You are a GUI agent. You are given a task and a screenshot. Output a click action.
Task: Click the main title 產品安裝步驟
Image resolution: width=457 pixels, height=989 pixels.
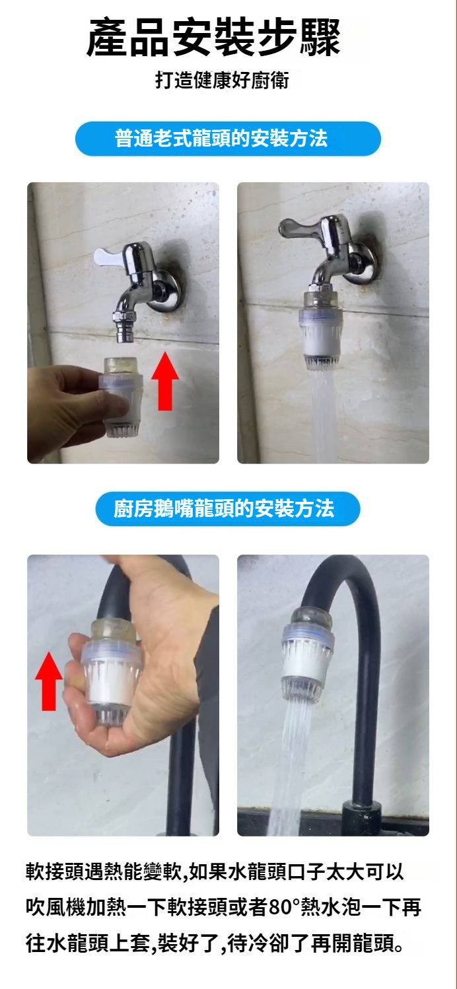213,38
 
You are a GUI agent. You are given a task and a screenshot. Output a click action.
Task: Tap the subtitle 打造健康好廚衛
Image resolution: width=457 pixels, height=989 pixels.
222,81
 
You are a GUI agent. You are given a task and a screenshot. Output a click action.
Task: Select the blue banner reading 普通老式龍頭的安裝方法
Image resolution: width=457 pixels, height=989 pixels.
228,138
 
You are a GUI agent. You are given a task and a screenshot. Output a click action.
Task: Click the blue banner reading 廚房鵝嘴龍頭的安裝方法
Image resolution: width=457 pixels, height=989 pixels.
228,508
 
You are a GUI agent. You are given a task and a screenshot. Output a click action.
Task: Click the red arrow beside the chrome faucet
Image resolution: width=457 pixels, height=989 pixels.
165,380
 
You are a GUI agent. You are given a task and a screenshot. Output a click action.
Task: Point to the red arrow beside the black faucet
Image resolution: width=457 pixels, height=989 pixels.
49,681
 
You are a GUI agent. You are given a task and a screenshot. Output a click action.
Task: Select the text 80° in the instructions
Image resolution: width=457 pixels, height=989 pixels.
283,907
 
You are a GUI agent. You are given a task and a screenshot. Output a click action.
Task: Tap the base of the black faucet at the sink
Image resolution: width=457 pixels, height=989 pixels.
362,819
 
